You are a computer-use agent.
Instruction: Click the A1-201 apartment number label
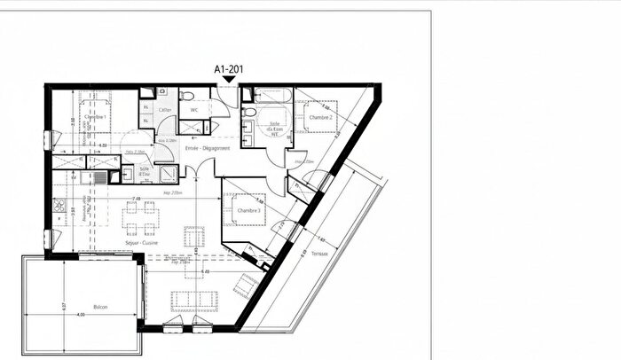(x=229, y=67)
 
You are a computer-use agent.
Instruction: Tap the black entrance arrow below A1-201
(x=229, y=81)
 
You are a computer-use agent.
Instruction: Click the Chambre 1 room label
(x=95, y=117)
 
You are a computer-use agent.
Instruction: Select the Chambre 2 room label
(x=321, y=117)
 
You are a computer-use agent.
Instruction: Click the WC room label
(x=196, y=111)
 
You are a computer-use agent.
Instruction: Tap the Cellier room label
(x=165, y=110)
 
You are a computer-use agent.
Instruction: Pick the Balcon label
(x=101, y=307)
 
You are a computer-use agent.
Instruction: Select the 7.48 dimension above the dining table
(x=137, y=199)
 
